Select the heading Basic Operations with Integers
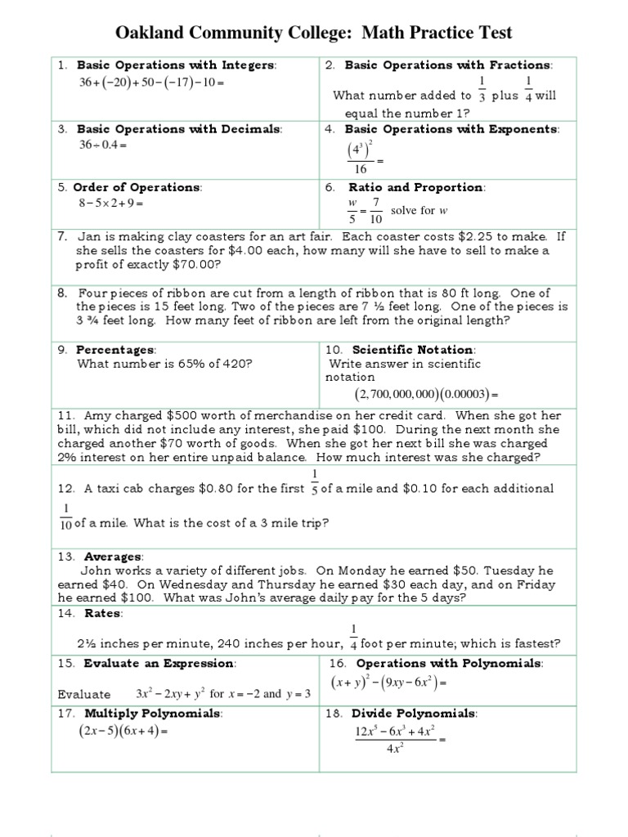point(176,65)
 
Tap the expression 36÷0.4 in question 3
point(102,145)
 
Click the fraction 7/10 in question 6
point(375,210)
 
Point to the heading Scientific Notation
point(414,350)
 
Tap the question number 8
point(61,293)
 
